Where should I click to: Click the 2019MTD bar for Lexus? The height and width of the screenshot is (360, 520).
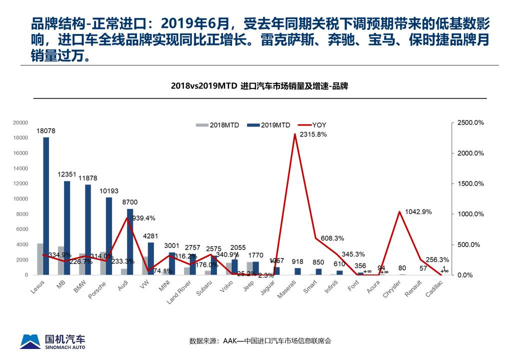coord(46,205)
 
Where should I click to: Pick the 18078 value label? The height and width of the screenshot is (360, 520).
coord(46,131)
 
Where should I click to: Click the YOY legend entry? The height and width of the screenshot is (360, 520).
coord(313,125)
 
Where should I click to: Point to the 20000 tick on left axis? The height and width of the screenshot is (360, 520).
coord(20,122)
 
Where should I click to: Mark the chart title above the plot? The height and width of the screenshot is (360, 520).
coord(259,86)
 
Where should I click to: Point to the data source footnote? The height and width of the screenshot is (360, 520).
coord(260,341)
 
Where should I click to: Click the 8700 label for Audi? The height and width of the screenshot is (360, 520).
coord(129,202)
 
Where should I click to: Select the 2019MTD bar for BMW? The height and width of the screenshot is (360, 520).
coord(88,229)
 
